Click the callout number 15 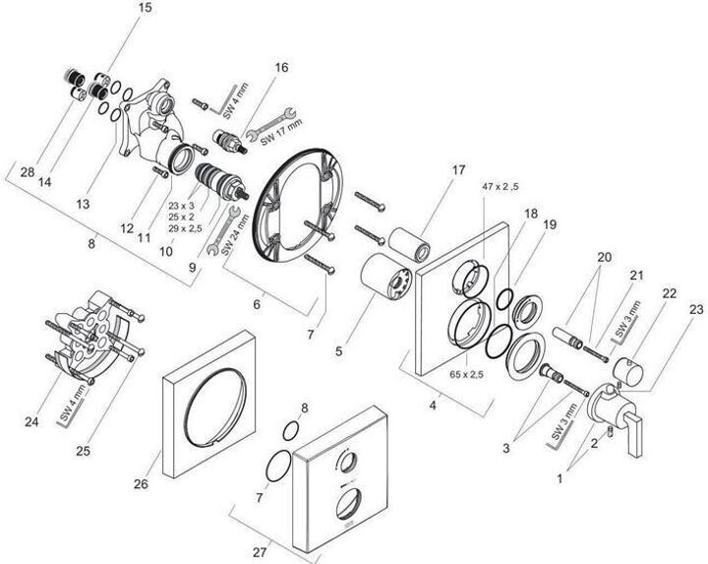pos(145,8)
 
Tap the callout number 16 pos(280,68)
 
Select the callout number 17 pos(458,170)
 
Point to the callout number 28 pos(28,172)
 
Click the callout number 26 pos(141,484)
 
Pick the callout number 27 pos(260,552)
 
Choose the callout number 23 pos(696,310)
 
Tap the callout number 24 pos(31,422)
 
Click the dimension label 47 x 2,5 pos(500,187)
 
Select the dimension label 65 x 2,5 pos(466,374)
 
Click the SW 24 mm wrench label pos(236,234)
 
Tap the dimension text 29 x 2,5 pos(185,228)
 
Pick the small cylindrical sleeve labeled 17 pos(409,244)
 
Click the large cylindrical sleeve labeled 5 pos(386,277)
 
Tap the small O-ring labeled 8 pos(291,431)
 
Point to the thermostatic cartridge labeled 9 pos(220,181)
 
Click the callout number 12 pos(127,228)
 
